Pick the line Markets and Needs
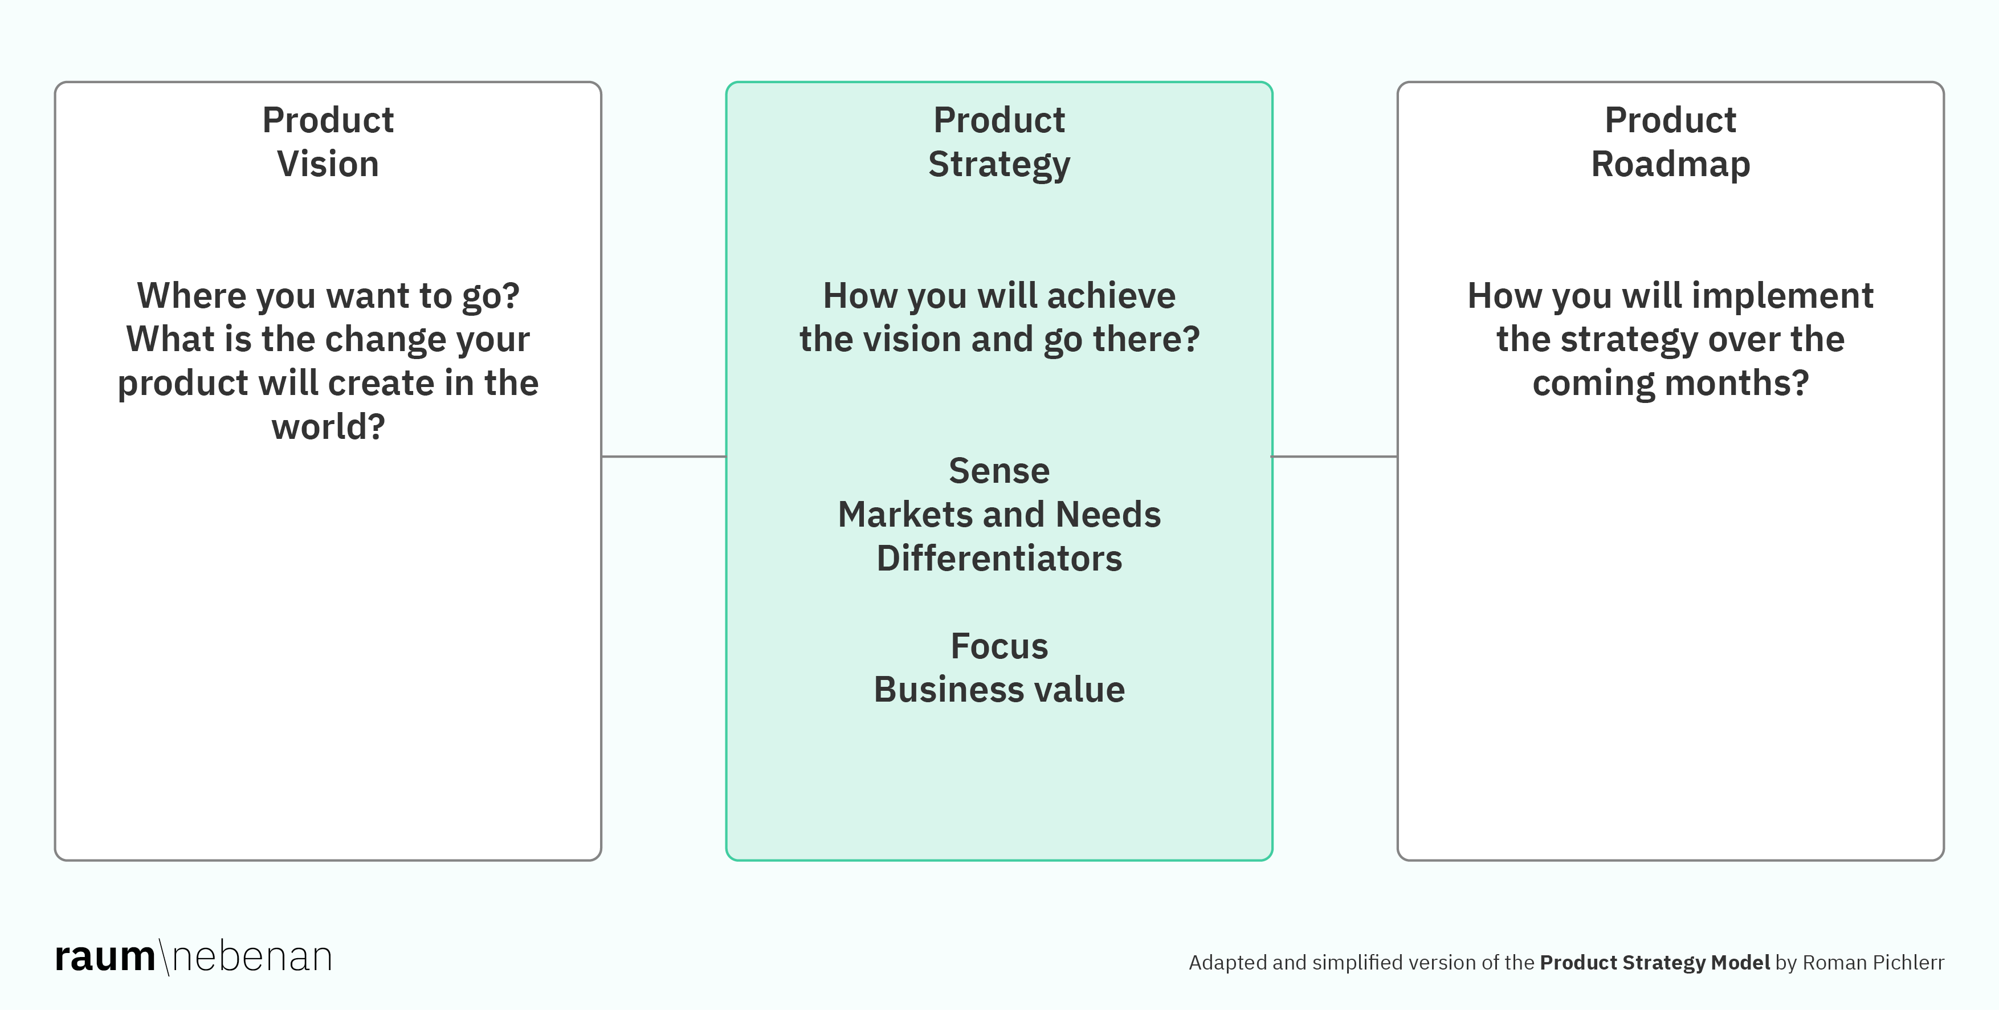point(999,515)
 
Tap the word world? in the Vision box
point(328,427)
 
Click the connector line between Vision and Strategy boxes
point(663,457)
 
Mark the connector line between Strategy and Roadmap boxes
point(1335,457)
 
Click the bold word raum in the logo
point(105,957)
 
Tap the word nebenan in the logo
point(252,957)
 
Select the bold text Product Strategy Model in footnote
point(1654,963)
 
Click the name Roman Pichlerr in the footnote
point(1872,963)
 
